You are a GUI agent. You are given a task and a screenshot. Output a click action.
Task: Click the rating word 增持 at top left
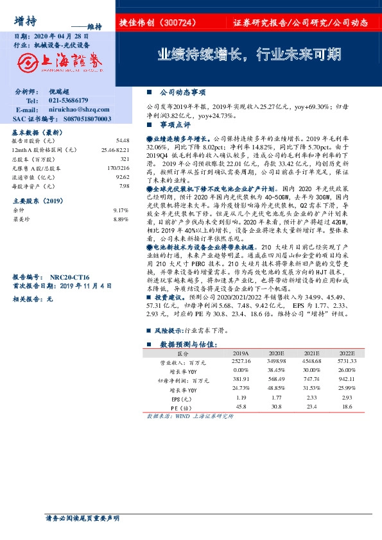pyautogui.click(x=24, y=21)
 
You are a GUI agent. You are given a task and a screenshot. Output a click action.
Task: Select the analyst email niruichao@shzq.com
pyautogui.click(x=73, y=110)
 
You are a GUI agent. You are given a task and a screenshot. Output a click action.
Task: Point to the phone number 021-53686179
pyautogui.click(x=69, y=101)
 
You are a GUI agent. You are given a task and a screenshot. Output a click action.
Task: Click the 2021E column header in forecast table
pyautogui.click(x=311, y=353)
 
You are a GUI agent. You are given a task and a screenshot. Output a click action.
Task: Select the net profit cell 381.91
pyautogui.click(x=241, y=380)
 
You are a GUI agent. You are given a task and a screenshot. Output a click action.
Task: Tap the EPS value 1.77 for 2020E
pyautogui.click(x=277, y=398)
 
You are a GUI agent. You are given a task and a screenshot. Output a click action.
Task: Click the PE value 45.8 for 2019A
pyautogui.click(x=241, y=407)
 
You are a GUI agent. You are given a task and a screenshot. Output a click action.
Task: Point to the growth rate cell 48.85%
pyautogui.click(x=277, y=389)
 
